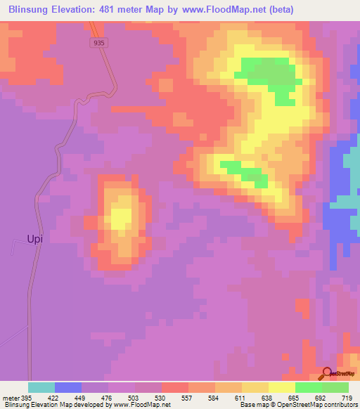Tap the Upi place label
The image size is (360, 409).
coord(35,239)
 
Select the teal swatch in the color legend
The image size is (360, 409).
coord(41,387)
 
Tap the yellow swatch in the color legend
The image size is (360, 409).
coord(282,387)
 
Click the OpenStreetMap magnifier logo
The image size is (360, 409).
coord(328,373)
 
